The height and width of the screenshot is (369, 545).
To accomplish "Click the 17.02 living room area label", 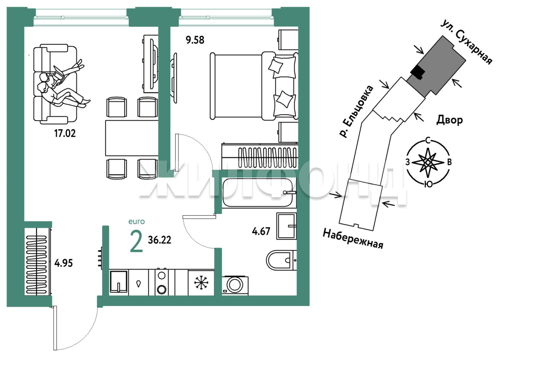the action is [65, 133].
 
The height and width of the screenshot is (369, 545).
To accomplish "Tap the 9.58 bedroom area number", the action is [195, 40].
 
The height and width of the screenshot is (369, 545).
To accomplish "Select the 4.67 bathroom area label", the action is [261, 231].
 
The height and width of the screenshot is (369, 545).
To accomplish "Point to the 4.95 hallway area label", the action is [63, 263].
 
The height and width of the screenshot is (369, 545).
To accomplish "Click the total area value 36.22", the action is [160, 240].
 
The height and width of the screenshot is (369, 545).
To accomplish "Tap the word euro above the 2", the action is [137, 222].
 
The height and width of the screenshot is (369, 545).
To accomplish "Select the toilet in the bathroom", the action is [281, 260].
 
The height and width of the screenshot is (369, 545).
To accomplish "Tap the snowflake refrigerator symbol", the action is [201, 283].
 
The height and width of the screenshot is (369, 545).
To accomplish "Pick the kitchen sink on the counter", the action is [119, 282].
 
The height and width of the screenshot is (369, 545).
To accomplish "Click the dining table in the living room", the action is [132, 138].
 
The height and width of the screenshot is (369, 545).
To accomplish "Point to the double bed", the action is [254, 86].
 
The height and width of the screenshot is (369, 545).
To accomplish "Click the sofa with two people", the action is [55, 84].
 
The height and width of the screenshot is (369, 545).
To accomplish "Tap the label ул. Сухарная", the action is [467, 43].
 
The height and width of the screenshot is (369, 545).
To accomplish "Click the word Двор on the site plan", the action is [450, 120].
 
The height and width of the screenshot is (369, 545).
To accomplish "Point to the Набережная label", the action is [353, 239].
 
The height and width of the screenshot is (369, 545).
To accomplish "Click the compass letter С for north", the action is [428, 141].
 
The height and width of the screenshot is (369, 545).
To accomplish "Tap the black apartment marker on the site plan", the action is [418, 72].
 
